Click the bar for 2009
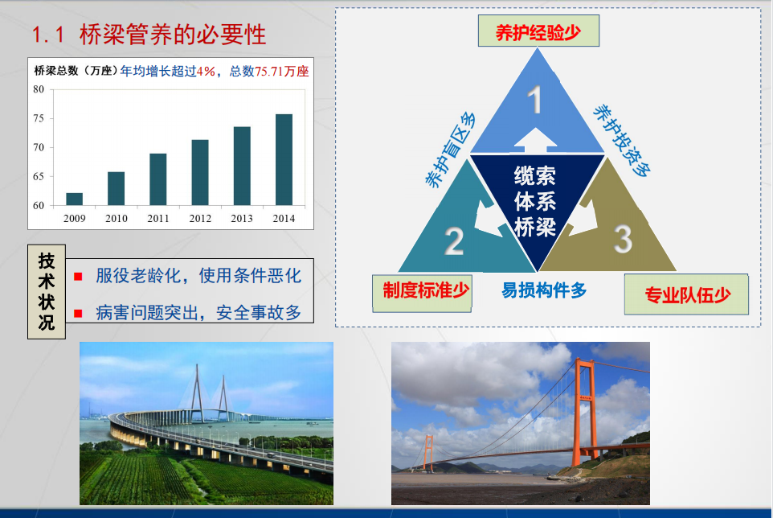pyautogui.click(x=75, y=199)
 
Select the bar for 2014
pyautogui.click(x=284, y=160)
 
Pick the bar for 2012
pyautogui.click(x=200, y=173)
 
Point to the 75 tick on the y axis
pyautogui.click(x=39, y=118)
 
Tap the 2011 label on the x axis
pyautogui.click(x=158, y=219)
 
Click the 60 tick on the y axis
pyautogui.click(x=39, y=205)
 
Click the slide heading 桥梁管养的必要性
pyautogui.click(x=173, y=35)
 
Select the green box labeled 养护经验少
pyautogui.click(x=538, y=31)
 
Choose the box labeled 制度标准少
pyautogui.click(x=422, y=293)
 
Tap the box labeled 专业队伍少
pyautogui.click(x=686, y=294)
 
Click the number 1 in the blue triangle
pyautogui.click(x=534, y=100)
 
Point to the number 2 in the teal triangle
pyautogui.click(x=454, y=241)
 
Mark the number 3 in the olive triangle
pyautogui.click(x=623, y=239)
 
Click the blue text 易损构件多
pyautogui.click(x=544, y=290)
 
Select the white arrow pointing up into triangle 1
pyautogui.click(x=535, y=140)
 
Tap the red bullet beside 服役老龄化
pyautogui.click(x=78, y=276)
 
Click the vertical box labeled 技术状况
pyautogui.click(x=47, y=291)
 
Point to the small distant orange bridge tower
pyautogui.click(x=428, y=453)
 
